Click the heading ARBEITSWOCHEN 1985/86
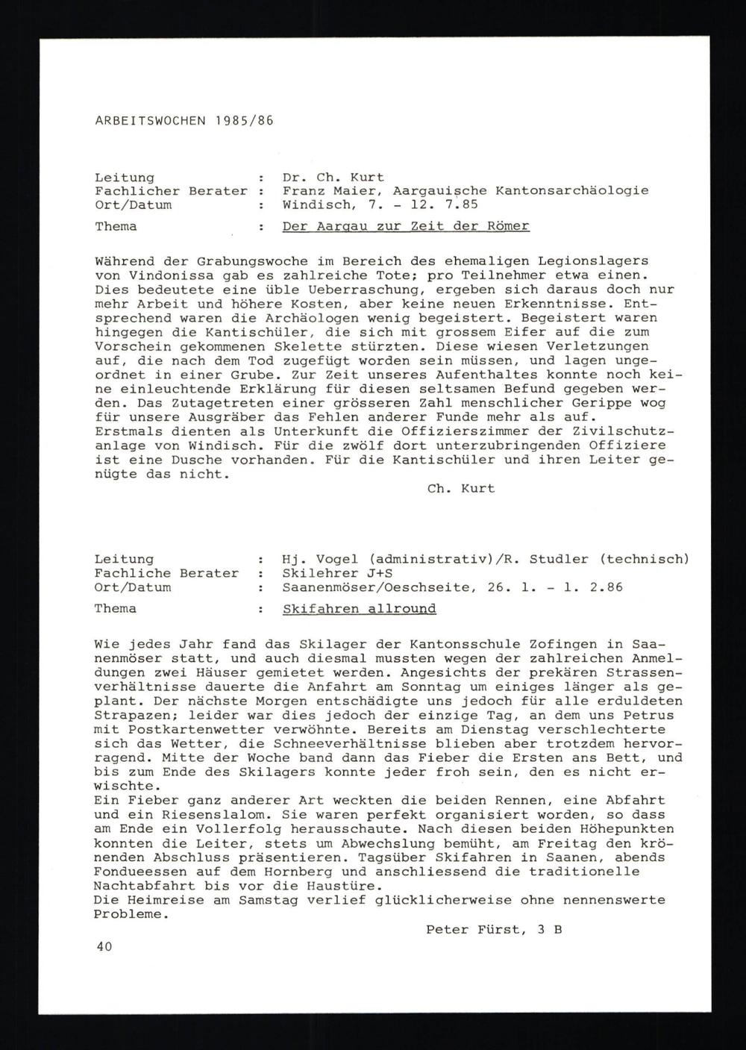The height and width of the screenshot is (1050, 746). click(184, 120)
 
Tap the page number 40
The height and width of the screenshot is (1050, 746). click(104, 947)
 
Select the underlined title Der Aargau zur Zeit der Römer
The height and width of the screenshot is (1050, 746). click(406, 226)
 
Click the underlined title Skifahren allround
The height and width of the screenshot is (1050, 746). click(359, 609)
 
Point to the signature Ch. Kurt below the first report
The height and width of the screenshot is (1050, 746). click(460, 489)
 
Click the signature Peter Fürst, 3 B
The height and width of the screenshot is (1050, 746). click(494, 929)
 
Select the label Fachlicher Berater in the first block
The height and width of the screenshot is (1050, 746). click(171, 191)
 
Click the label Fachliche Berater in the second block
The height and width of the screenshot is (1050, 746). click(166, 573)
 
